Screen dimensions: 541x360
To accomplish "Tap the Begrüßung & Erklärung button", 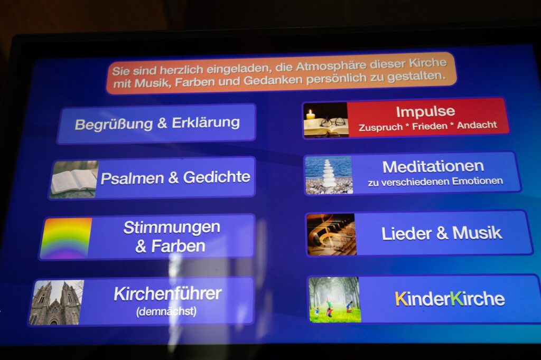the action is (156, 123).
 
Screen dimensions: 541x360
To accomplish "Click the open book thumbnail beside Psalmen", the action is (74, 179).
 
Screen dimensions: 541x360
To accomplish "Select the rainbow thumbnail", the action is (66, 238).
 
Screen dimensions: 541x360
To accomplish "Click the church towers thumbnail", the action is (56, 302).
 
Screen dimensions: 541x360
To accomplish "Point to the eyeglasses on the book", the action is (333, 122).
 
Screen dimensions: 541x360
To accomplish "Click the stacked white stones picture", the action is (329, 175).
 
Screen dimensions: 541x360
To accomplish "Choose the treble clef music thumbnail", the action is (331, 234).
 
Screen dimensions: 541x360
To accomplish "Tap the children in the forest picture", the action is (334, 299).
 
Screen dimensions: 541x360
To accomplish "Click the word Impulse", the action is (425, 112).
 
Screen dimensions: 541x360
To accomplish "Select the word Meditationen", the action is (433, 167).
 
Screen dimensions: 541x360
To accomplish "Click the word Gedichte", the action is (217, 177).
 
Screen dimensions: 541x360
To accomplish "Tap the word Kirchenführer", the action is (167, 294).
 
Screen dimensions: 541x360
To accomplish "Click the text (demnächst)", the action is (166, 312).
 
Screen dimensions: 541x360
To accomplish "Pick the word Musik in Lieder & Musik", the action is (477, 233).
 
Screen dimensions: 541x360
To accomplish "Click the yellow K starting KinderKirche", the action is (402, 299).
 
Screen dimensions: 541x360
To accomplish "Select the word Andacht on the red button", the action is (477, 125).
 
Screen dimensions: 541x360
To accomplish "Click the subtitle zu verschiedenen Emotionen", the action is (435, 182).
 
